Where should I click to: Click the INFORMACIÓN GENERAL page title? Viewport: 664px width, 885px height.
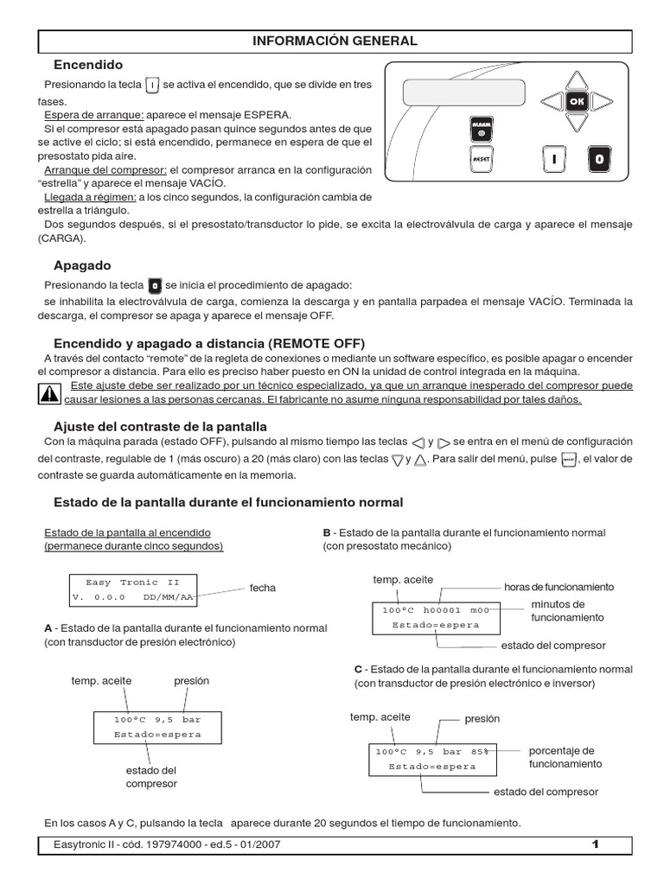coord(335,41)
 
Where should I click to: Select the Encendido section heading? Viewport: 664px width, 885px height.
coord(88,65)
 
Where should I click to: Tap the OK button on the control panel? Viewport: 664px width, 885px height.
coord(578,102)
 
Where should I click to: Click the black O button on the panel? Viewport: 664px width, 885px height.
coord(600,159)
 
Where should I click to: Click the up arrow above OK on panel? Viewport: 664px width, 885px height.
coord(578,79)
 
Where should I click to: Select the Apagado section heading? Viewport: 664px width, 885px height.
coord(82,265)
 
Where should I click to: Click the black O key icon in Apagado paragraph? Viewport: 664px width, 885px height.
coord(155,284)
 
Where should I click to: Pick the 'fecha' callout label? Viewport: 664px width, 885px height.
coord(263,588)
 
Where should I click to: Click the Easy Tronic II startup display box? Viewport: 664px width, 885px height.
coord(133,589)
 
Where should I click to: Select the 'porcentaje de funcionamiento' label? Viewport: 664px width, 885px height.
coord(561,757)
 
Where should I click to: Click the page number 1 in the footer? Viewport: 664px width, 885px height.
coord(595,844)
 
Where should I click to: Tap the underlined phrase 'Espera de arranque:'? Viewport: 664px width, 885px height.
coord(93,115)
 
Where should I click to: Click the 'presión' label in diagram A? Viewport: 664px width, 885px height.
coord(191,681)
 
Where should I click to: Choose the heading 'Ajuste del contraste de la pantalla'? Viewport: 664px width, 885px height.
coord(160,426)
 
